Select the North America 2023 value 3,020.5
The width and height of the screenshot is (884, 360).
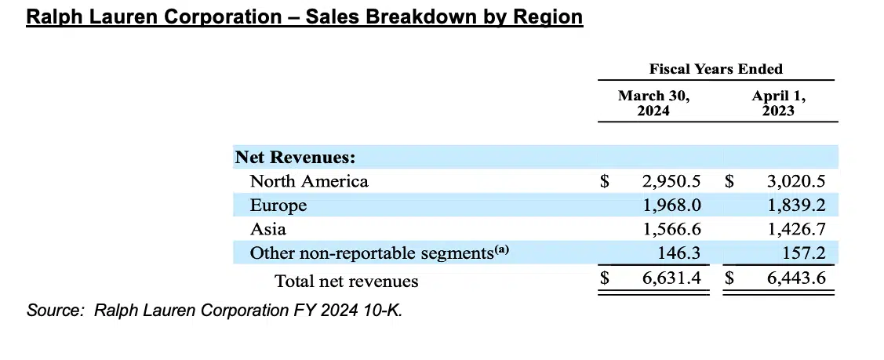(x=795, y=181)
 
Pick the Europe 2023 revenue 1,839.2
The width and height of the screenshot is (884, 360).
(x=795, y=205)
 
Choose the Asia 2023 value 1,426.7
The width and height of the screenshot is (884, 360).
(x=795, y=230)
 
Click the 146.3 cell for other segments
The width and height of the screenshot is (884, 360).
(x=678, y=254)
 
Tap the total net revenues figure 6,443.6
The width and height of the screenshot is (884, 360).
(x=795, y=280)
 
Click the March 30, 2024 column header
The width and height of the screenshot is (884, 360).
(x=654, y=103)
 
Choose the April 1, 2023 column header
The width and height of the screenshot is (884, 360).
(x=779, y=103)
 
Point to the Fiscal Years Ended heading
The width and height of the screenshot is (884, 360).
(x=715, y=69)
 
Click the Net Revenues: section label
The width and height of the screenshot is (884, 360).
(x=296, y=158)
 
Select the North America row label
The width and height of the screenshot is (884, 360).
(x=309, y=181)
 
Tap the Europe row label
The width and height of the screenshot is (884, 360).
(x=278, y=205)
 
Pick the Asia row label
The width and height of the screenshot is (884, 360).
(x=267, y=230)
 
